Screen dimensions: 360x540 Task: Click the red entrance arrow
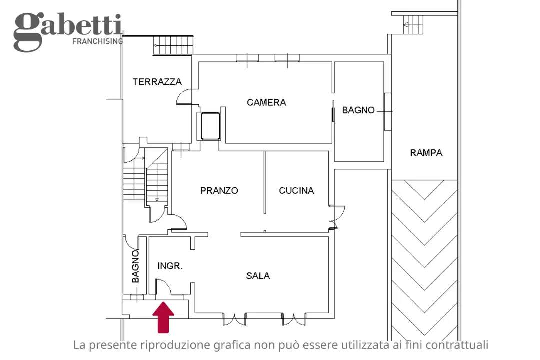(163, 317)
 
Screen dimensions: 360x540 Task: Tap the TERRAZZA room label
(157, 82)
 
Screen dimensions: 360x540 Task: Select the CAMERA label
(266, 102)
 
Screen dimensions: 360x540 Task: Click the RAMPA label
(426, 153)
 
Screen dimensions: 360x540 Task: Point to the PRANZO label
(219, 190)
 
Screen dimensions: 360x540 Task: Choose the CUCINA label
(296, 190)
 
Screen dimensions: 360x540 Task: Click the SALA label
(258, 275)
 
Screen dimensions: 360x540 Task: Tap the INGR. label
(170, 266)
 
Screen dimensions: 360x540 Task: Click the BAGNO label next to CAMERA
(358, 110)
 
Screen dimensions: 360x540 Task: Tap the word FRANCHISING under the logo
(97, 41)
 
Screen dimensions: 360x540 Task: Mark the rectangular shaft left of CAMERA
(210, 126)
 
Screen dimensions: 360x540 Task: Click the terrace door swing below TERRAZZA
(183, 97)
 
